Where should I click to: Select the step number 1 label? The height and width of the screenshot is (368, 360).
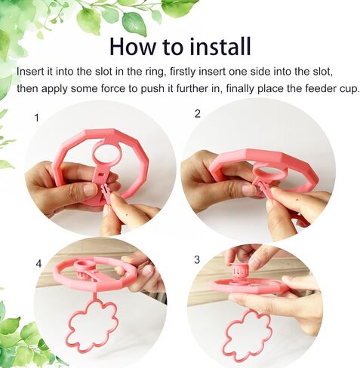tap(37, 118)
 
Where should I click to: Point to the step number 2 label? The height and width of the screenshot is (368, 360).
tap(198, 114)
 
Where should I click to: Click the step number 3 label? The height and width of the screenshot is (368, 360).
tap(197, 259)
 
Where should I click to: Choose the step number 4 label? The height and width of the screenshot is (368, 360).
tap(38, 264)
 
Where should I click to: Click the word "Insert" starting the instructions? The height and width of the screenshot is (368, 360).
tap(29, 72)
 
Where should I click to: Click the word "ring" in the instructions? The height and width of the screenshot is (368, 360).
tap(155, 72)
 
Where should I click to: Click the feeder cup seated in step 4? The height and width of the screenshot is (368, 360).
tap(85, 270)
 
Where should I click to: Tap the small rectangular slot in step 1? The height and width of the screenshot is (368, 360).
tap(100, 173)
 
